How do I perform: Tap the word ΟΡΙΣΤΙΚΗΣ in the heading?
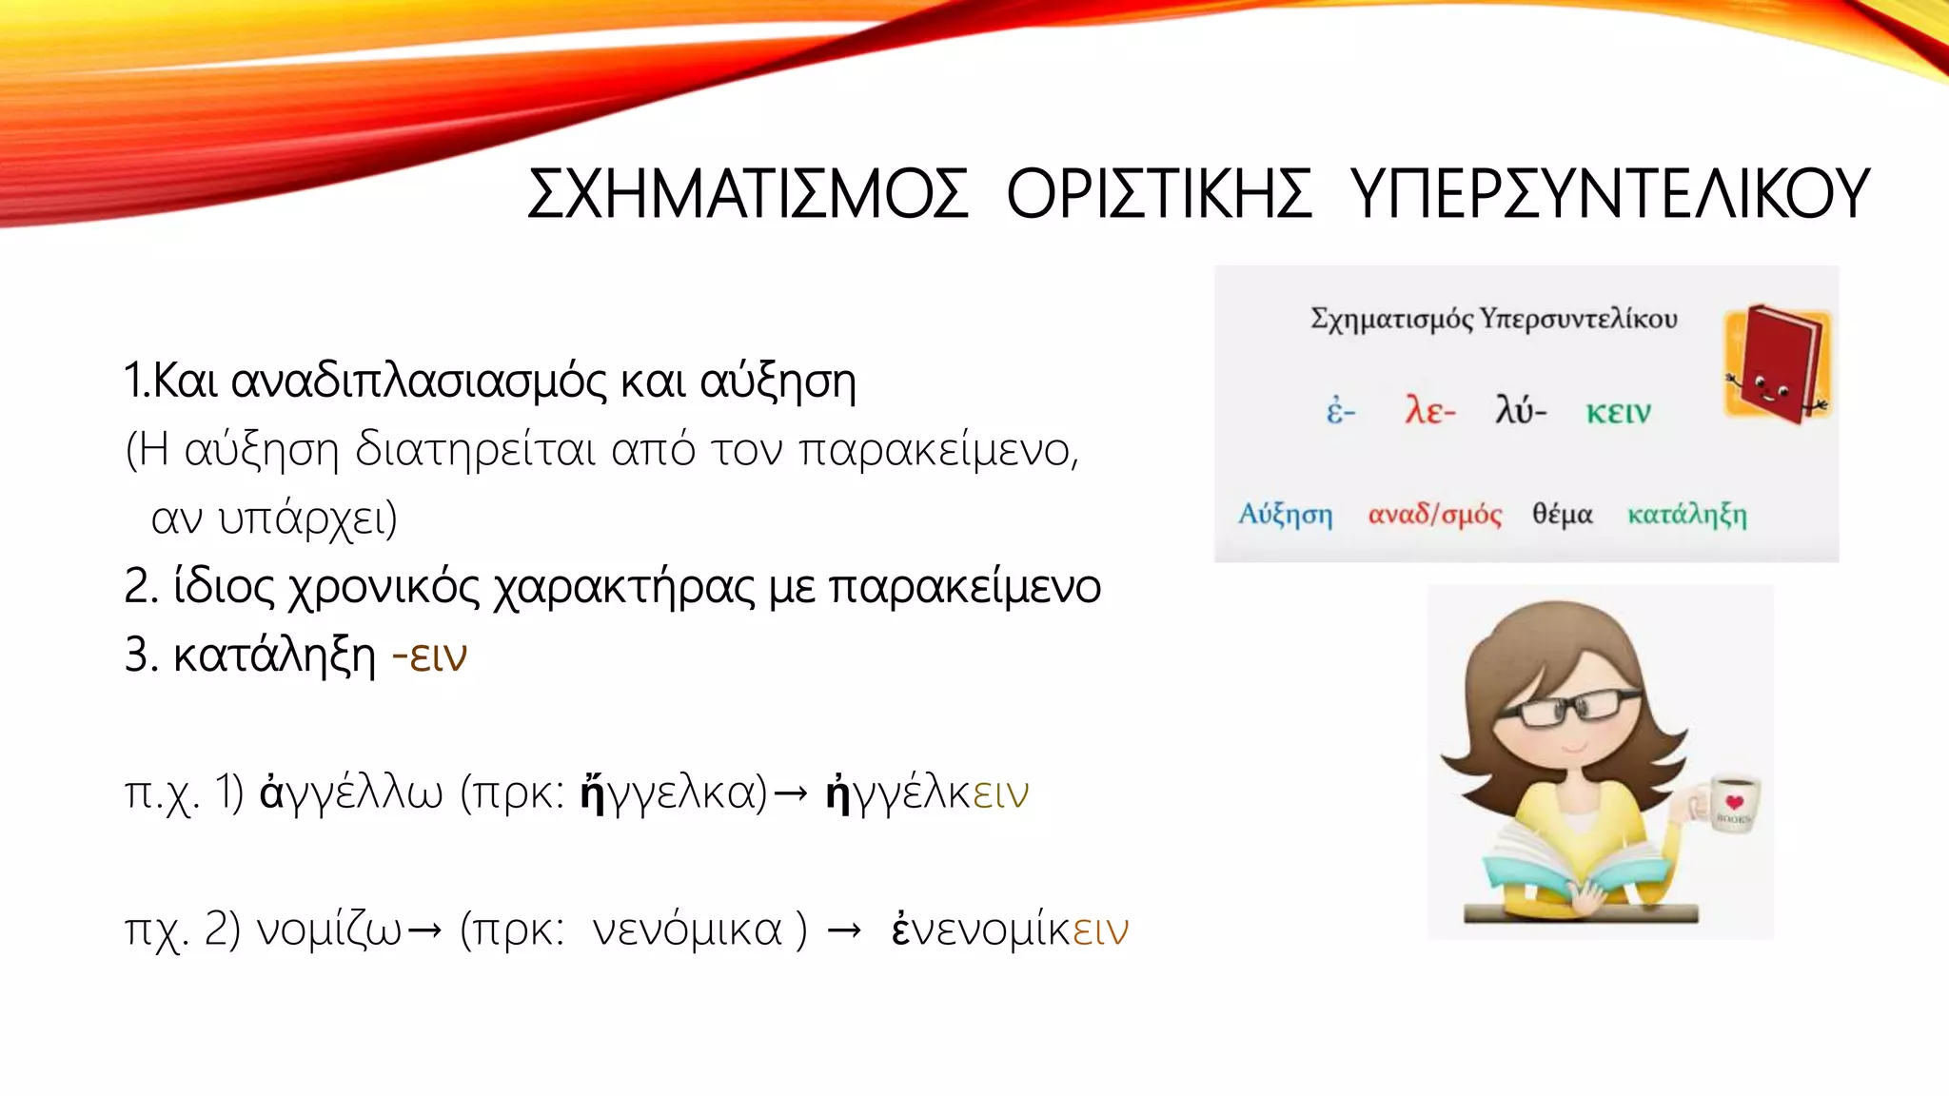point(1159,194)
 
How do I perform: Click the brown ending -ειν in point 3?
point(429,656)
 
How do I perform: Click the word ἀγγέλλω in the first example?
point(351,792)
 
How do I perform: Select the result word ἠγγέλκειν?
point(927,792)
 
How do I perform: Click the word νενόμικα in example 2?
point(686,930)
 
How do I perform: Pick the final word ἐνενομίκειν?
point(1009,930)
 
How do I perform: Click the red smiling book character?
point(1776,364)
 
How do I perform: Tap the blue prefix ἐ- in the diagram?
point(1340,412)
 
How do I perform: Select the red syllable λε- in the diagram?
point(1429,411)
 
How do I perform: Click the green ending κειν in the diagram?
point(1618,412)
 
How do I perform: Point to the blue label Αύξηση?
point(1285,515)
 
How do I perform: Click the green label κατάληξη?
point(1686,515)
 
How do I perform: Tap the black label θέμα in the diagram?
point(1562,515)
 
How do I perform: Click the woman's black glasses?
point(1570,709)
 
